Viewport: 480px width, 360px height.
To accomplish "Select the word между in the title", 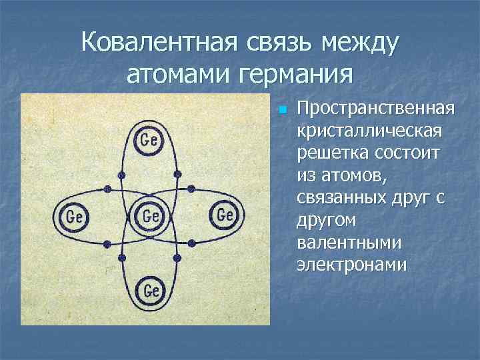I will pos(360,43).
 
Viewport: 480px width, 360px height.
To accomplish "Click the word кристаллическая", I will pos(370,131).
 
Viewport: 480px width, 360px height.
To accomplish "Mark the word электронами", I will pos(351,265).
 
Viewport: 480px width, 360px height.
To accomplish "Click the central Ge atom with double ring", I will pos(151,216).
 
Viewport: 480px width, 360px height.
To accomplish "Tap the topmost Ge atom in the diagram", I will pos(150,139).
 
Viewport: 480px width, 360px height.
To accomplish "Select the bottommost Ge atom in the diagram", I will pos(151,291).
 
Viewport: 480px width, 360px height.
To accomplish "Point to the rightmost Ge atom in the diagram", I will pos(225,215).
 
